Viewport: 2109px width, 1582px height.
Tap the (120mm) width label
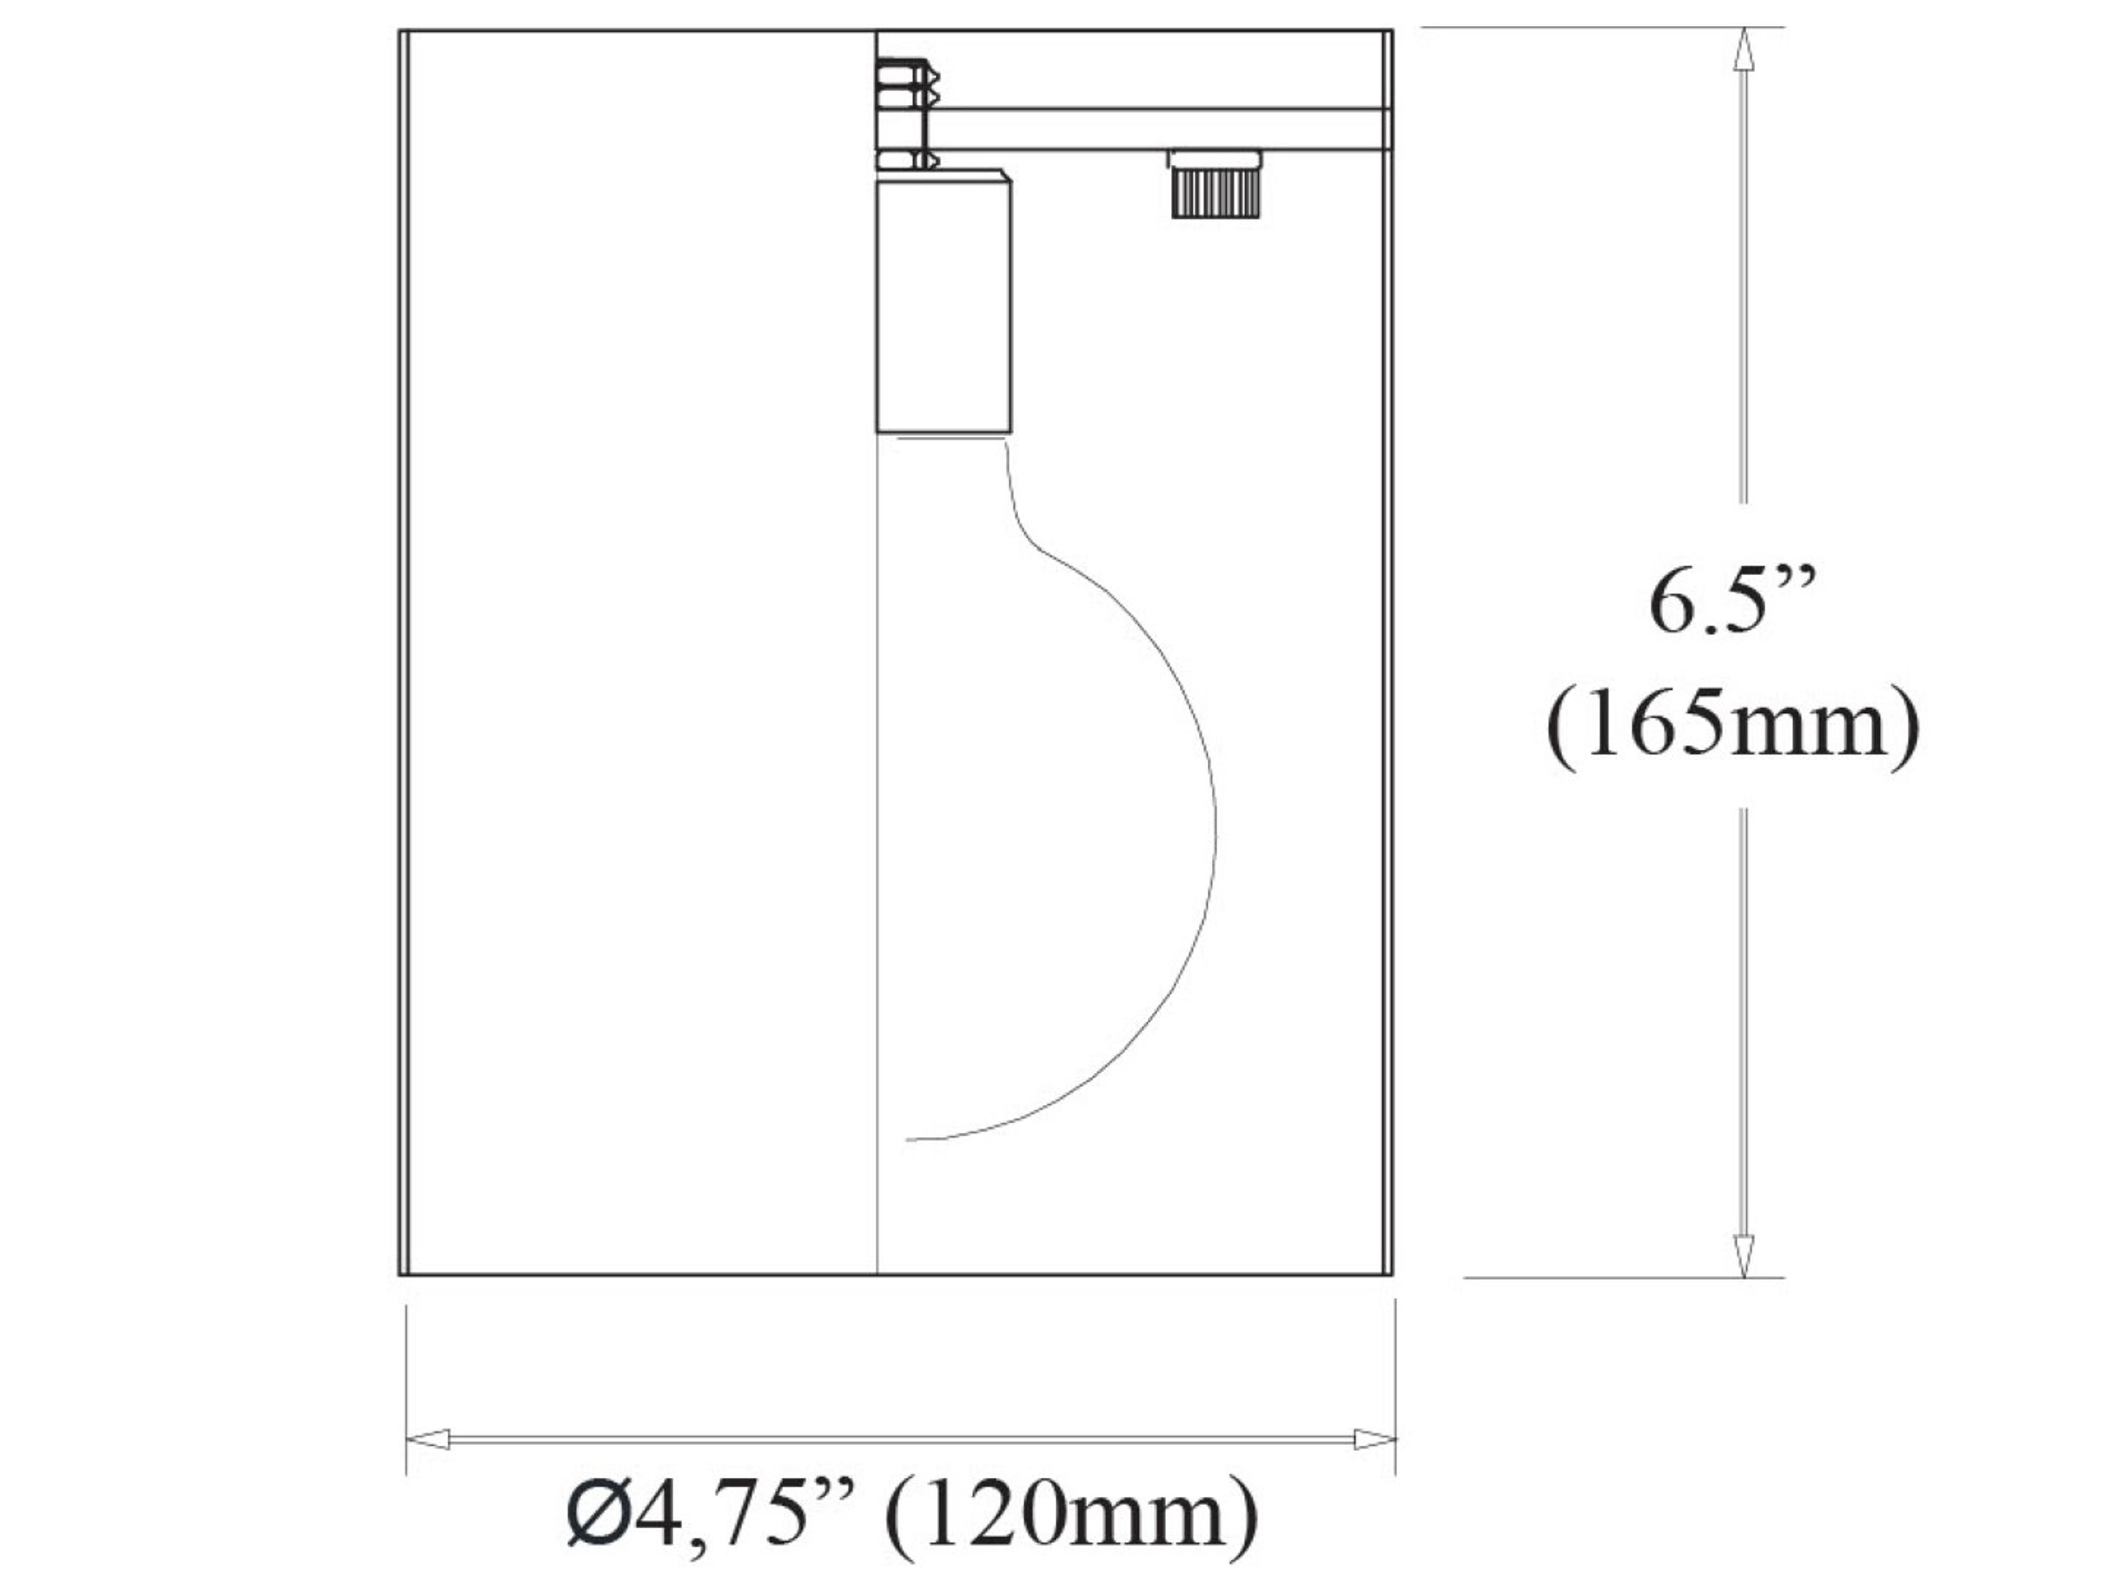1073,1514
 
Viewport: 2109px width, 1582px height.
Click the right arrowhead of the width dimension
1374,1439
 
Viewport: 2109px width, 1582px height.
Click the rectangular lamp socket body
943,307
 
